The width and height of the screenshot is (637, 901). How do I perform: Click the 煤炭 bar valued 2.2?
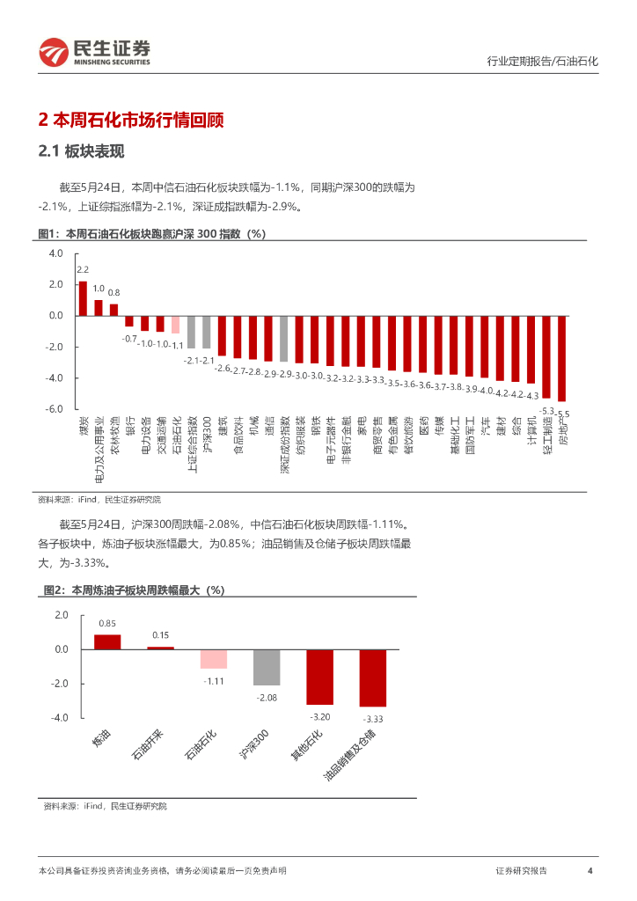pyautogui.click(x=83, y=297)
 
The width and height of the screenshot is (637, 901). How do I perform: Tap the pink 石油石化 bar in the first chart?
pyautogui.click(x=175, y=324)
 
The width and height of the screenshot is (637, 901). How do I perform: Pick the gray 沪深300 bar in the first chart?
pyautogui.click(x=207, y=332)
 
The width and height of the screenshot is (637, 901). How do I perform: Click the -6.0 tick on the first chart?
pyautogui.click(x=55, y=409)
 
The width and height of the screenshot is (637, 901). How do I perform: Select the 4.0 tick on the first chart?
pyautogui.click(x=56, y=253)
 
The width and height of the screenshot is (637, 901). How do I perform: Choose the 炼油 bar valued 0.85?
pyautogui.click(x=107, y=641)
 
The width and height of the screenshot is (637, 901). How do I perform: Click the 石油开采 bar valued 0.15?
pyautogui.click(x=160, y=648)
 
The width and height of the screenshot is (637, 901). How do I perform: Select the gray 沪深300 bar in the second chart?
pyautogui.click(x=267, y=667)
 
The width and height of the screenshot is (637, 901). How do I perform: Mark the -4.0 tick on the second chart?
pyautogui.click(x=60, y=718)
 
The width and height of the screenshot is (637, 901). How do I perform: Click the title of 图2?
pyautogui.click(x=134, y=590)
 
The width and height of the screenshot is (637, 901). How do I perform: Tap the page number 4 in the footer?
pyautogui.click(x=589, y=871)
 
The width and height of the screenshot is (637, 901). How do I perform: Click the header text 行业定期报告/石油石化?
pyautogui.click(x=542, y=62)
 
